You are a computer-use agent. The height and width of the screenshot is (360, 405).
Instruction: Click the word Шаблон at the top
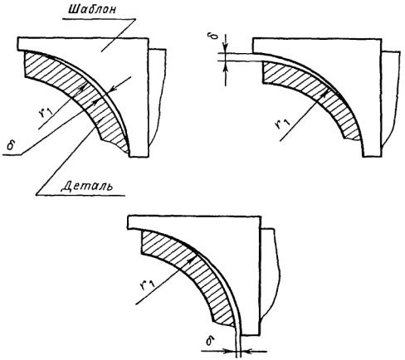93,10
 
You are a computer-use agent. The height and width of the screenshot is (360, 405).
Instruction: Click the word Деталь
87,186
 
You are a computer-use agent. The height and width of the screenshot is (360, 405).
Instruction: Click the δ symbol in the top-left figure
11,145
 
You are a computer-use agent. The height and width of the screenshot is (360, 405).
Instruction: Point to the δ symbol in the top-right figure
216,36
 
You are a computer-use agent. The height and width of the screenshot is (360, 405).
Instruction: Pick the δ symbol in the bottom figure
210,341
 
